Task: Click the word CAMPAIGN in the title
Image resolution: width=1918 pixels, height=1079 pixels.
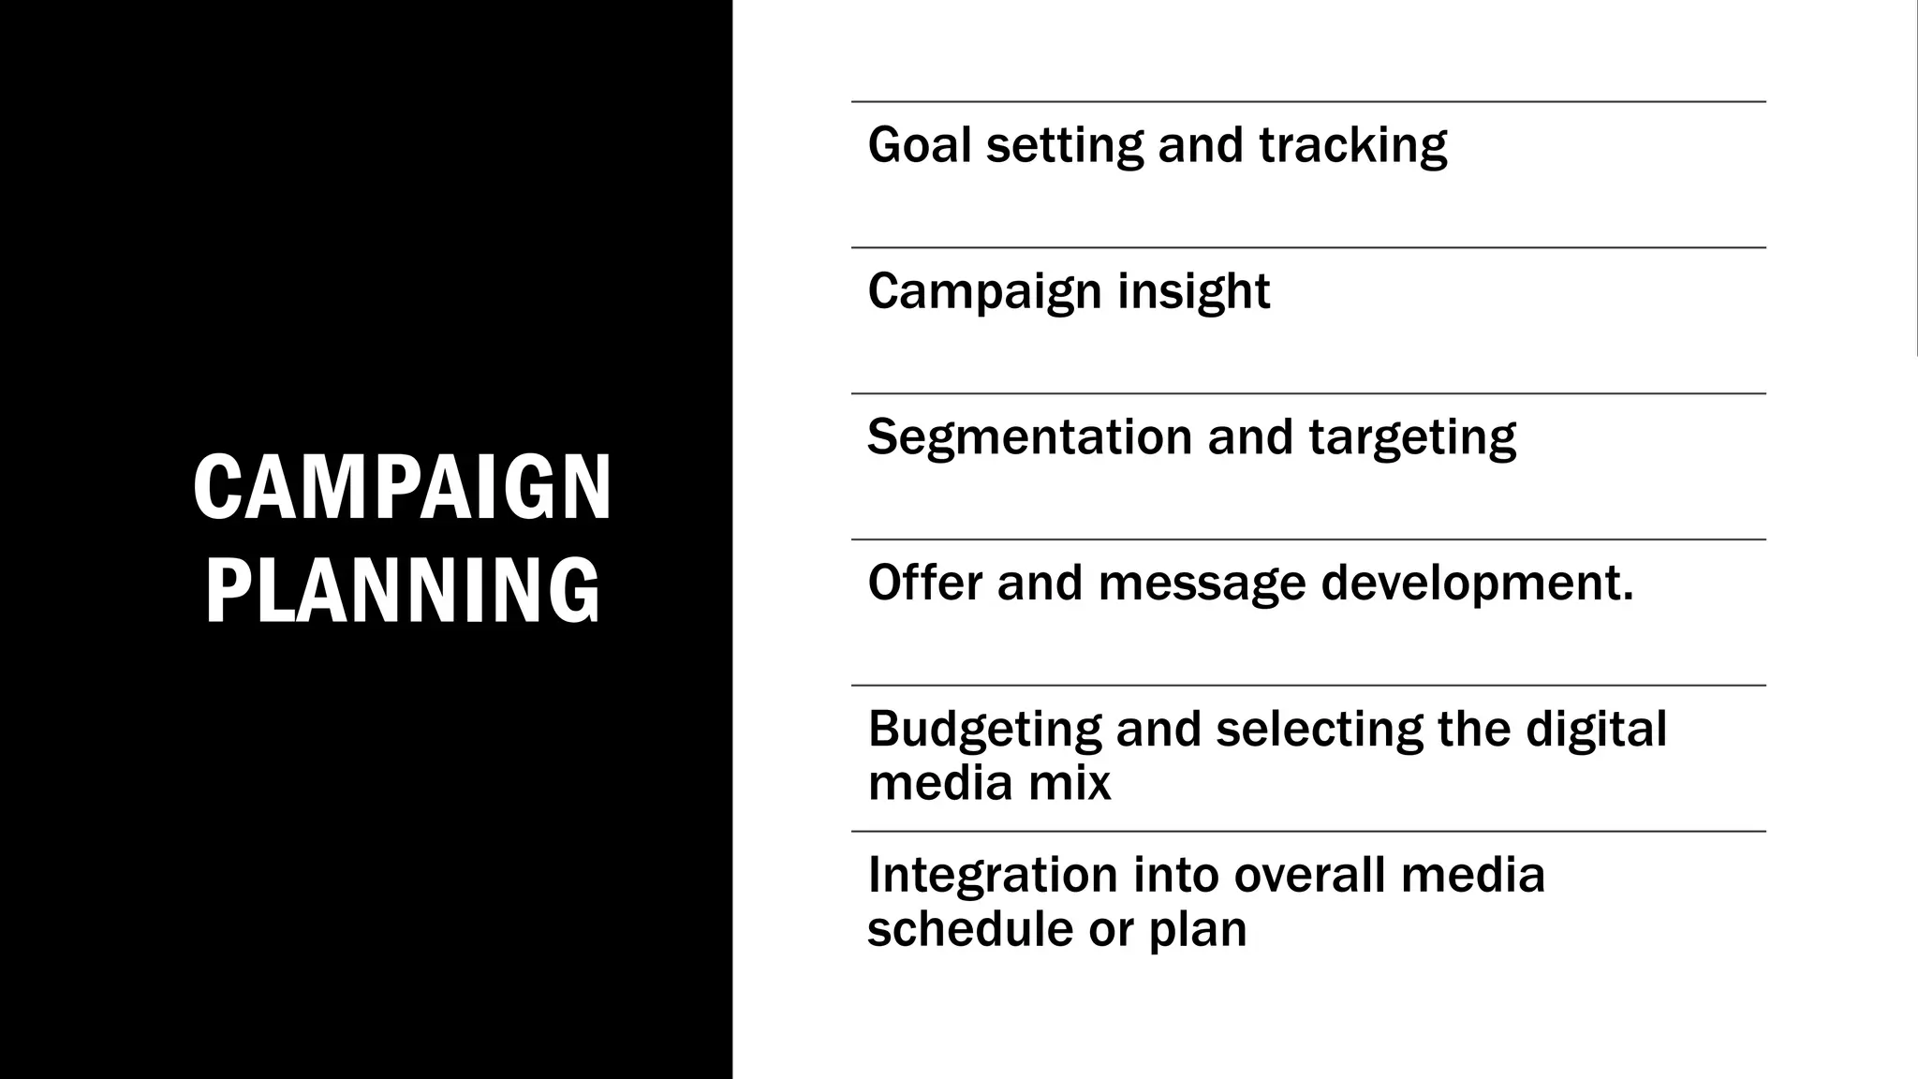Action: [403, 487]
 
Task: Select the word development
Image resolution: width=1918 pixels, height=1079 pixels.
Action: [1477, 584]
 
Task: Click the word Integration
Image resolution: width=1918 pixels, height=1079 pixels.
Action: [993, 876]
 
